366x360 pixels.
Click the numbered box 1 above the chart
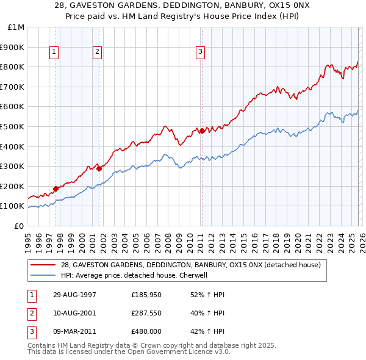(x=54, y=52)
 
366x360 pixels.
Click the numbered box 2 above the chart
(x=97, y=52)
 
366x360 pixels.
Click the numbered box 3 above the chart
(x=199, y=52)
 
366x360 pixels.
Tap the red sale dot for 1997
(x=56, y=189)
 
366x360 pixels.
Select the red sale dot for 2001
(x=99, y=168)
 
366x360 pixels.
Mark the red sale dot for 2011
(x=202, y=131)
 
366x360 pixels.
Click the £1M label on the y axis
(x=16, y=27)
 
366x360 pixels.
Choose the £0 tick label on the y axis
(x=19, y=226)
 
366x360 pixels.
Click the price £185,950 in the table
(x=147, y=295)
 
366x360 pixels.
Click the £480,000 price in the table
(x=147, y=331)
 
